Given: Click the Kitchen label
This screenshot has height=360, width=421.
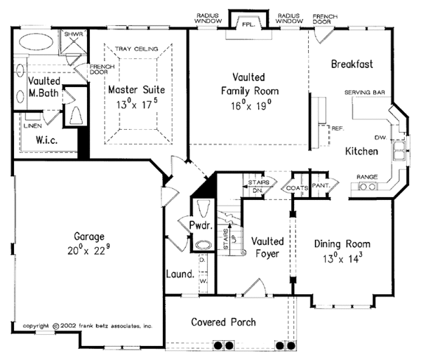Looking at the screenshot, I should click(361, 151).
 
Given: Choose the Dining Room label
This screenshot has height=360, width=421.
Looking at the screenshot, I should click(342, 244).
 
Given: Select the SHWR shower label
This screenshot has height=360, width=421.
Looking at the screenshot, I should click(73, 33).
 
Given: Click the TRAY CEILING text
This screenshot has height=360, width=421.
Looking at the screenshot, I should click(137, 48).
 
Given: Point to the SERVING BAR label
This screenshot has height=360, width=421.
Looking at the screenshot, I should click(361, 93).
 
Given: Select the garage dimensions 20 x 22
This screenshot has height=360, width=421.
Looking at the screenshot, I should click(90, 250).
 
